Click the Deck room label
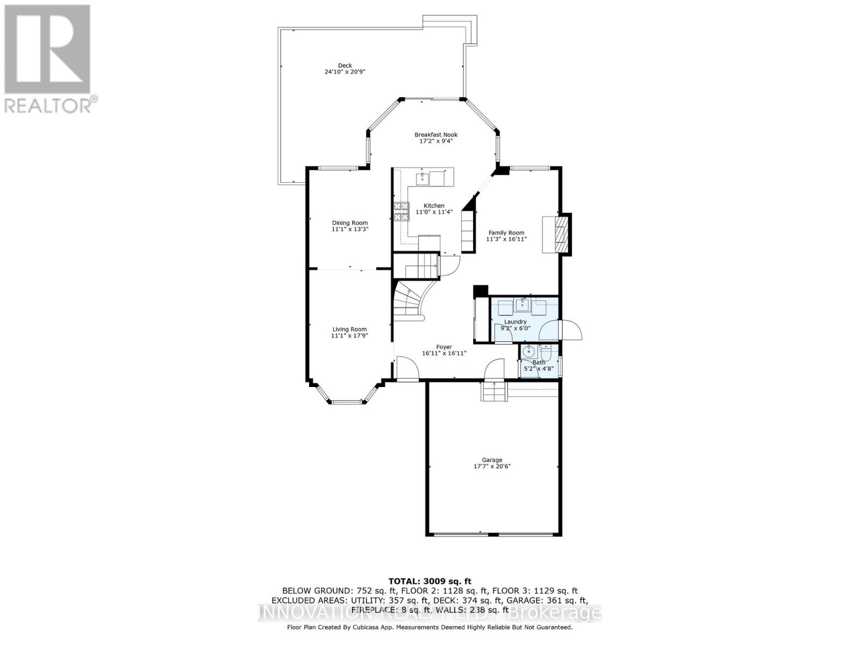click(x=345, y=66)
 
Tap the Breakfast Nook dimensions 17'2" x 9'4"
click(x=436, y=141)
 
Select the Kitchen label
click(x=434, y=205)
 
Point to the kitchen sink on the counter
click(x=422, y=178)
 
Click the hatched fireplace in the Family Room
click(x=561, y=234)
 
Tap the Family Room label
click(x=506, y=233)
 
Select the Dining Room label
click(x=349, y=223)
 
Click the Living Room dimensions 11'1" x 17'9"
click(x=349, y=336)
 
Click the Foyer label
click(x=444, y=347)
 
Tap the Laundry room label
click(x=515, y=321)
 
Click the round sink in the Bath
click(x=528, y=352)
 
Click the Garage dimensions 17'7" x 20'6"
click(x=492, y=467)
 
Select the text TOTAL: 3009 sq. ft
click(x=429, y=581)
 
